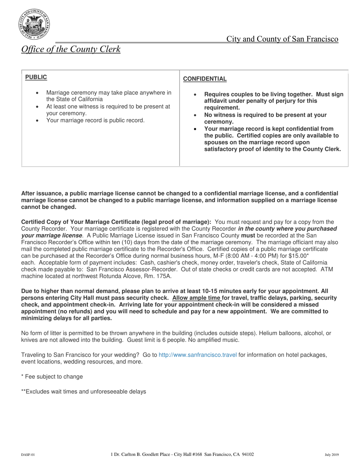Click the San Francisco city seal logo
pos(34,25)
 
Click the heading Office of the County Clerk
pos(71,49)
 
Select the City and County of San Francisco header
pos(282,39)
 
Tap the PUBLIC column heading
pos(36,77)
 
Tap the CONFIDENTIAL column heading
pos(205,79)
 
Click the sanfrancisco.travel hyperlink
pos(197,355)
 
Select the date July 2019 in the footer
pos(332,455)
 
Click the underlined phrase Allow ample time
pos(196,298)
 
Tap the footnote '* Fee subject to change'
pos(52,377)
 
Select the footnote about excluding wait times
pos(83,391)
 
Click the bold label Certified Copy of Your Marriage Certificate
pos(116,222)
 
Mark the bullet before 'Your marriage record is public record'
pos(37,120)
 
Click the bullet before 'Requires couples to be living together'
pos(195,95)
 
